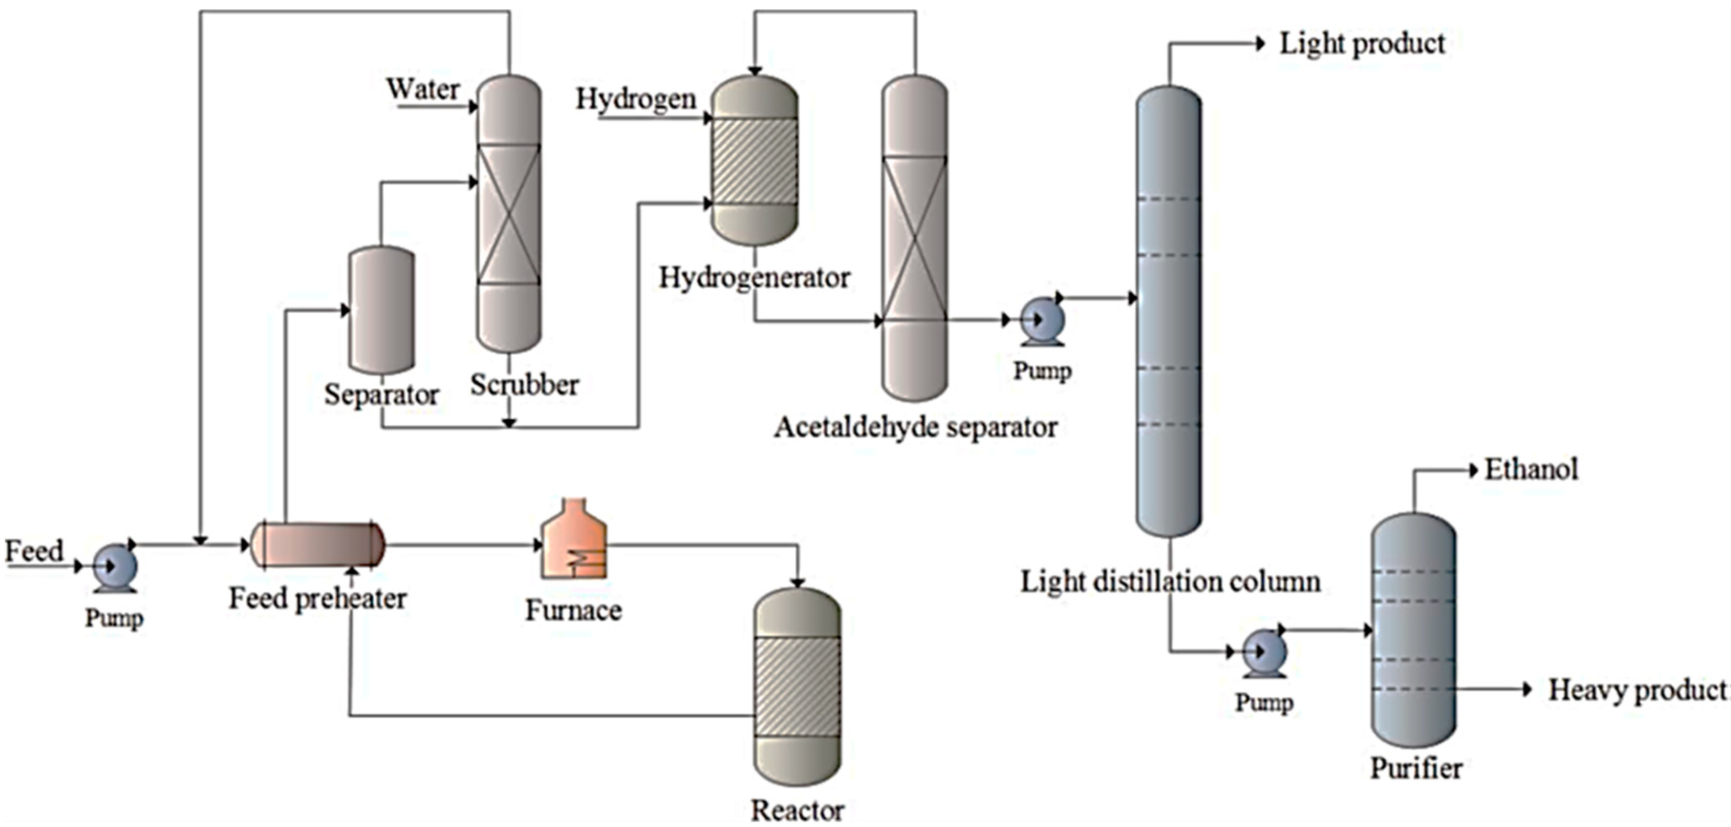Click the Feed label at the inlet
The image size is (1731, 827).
click(x=34, y=551)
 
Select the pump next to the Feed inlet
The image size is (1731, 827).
click(x=114, y=568)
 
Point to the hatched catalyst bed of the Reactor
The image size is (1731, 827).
click(x=797, y=687)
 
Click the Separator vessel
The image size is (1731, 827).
click(x=381, y=310)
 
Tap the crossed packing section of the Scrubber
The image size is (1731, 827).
click(x=509, y=214)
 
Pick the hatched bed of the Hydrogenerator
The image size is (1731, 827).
click(x=754, y=161)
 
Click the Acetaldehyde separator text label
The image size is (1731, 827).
click(x=915, y=427)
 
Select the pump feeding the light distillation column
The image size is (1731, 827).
click(x=1041, y=320)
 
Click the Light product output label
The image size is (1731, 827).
click(x=1361, y=45)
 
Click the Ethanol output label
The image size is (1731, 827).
click(x=1531, y=470)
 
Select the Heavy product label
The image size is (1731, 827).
click(x=1637, y=690)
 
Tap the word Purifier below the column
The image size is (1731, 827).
click(x=1416, y=768)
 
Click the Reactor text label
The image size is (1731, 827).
click(x=797, y=810)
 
